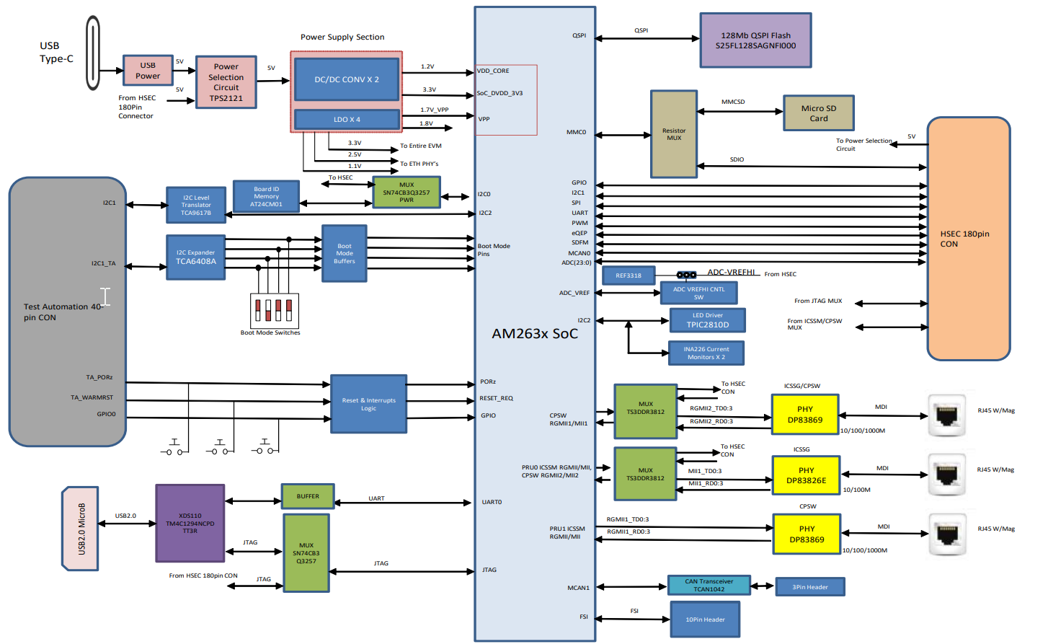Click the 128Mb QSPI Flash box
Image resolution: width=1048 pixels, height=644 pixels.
tap(755, 40)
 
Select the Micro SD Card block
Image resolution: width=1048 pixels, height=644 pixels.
tap(818, 113)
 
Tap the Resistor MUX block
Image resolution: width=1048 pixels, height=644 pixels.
tap(673, 134)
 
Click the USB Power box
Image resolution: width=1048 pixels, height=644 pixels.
tap(148, 71)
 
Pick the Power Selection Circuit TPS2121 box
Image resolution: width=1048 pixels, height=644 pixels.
tap(226, 82)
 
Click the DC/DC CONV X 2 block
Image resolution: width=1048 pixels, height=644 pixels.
tap(346, 79)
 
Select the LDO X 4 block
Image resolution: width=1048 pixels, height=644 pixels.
tap(346, 119)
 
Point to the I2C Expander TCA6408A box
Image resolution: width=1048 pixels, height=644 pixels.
tap(195, 257)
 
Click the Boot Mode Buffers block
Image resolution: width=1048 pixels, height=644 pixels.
tap(345, 253)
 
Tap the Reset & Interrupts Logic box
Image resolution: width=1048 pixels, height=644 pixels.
tap(368, 404)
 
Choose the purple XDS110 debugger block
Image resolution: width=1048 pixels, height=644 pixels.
tap(190, 524)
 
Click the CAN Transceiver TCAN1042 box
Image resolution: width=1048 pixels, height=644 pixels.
tap(709, 586)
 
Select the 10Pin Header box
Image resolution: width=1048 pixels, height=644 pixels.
tap(705, 619)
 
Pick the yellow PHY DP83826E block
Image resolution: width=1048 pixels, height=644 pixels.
tap(806, 475)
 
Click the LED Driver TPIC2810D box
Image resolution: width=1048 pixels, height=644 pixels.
tap(707, 320)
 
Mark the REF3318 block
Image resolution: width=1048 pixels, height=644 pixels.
tap(628, 275)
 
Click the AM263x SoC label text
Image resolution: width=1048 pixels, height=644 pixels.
tap(534, 334)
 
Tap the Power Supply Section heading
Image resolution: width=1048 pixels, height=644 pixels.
tap(342, 37)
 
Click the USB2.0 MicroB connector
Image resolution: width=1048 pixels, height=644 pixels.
tap(81, 529)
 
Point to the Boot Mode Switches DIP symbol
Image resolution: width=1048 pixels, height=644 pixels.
tap(274, 310)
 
